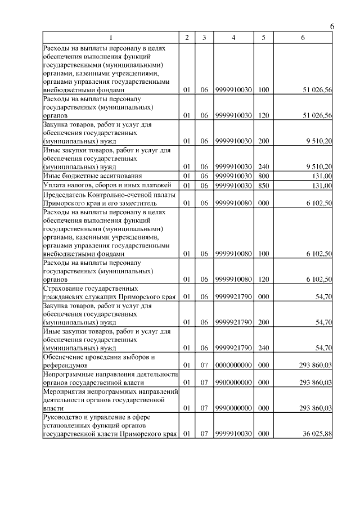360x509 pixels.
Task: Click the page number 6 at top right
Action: click(x=332, y=27)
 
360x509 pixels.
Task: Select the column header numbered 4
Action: click(x=233, y=38)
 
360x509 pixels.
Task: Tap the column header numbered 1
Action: click(x=111, y=38)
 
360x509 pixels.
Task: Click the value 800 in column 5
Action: click(x=263, y=176)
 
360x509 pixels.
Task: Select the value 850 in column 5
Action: click(x=263, y=185)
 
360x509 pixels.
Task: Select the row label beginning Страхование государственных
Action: click(x=110, y=292)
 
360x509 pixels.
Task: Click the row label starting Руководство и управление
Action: click(x=110, y=425)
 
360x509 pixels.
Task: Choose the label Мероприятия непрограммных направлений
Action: click(x=110, y=399)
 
